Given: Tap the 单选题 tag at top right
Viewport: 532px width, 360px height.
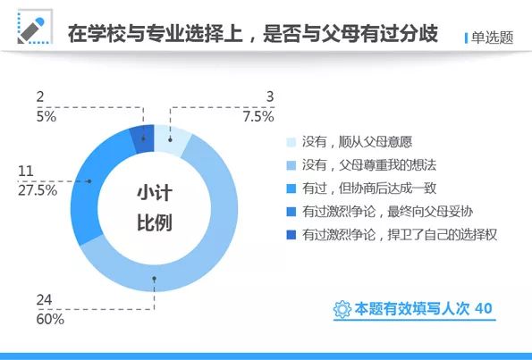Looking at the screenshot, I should pos(491,38).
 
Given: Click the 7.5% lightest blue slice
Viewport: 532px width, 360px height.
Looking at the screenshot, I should pos(174,139).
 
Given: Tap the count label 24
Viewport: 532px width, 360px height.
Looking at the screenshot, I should pos(44,299).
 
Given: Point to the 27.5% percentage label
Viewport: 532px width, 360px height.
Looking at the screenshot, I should pos(38,189).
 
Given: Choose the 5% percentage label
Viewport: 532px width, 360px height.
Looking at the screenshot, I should pos(46,115).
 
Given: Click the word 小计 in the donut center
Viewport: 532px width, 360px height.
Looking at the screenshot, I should pos(155,192).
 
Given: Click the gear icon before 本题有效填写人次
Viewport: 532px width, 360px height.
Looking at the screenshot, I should pos(342,309).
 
